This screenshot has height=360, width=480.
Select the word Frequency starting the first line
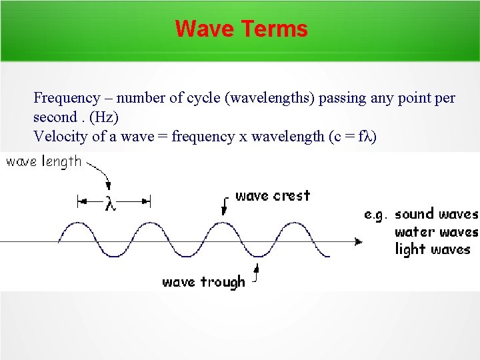coord(64,98)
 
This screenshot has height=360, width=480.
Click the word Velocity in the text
coord(59,137)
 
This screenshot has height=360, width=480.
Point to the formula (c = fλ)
coord(353,137)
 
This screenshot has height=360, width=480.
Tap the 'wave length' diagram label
coord(44,162)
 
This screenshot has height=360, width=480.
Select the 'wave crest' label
coord(273,196)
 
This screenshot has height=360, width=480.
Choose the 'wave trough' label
coord(203,282)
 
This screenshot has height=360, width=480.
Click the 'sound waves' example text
coord(437,214)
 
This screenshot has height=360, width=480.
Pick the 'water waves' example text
coord(437,232)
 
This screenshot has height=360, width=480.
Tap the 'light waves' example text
coord(433,250)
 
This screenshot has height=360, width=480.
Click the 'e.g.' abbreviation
coord(376,215)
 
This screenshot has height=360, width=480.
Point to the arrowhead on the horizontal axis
coord(359,241)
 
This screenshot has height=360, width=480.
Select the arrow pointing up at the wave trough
coord(255,273)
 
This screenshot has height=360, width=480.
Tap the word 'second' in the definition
coord(55,117)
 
